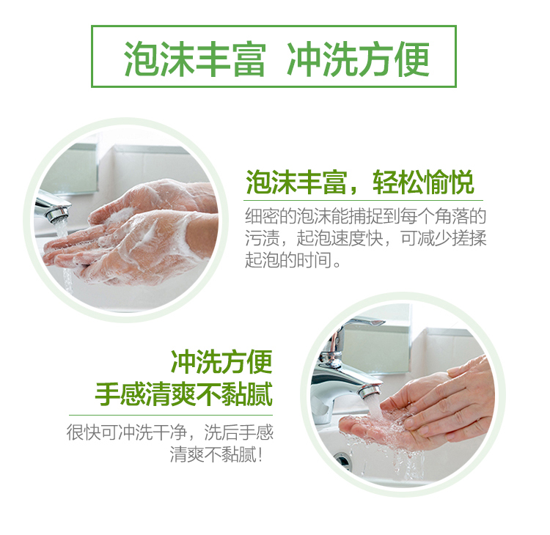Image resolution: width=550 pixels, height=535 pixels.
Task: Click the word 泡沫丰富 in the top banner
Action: [x=194, y=59]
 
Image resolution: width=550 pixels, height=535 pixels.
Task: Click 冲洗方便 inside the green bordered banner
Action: [x=359, y=59]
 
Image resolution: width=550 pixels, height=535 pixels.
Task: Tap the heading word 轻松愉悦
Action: [x=424, y=182]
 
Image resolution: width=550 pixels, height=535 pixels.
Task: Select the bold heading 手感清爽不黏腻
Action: [x=184, y=394]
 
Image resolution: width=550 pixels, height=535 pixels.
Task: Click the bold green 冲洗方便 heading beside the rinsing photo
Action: [x=221, y=362]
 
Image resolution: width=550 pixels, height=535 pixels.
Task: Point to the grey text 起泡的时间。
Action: [x=293, y=259]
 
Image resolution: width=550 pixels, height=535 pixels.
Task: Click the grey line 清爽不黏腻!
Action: [x=216, y=454]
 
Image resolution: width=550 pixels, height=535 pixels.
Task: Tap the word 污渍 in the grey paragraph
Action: [x=262, y=238]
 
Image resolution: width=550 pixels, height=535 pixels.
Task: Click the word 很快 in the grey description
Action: [x=84, y=432]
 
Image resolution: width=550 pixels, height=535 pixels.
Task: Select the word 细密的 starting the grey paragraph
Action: [x=271, y=216]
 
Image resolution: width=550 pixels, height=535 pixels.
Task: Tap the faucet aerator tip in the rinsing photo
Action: [x=370, y=391]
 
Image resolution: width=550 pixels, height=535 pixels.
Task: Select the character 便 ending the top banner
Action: [x=412, y=59]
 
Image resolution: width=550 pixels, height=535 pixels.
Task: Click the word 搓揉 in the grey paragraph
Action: [x=469, y=238]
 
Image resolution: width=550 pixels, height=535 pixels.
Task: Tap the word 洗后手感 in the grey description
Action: [x=239, y=432]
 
